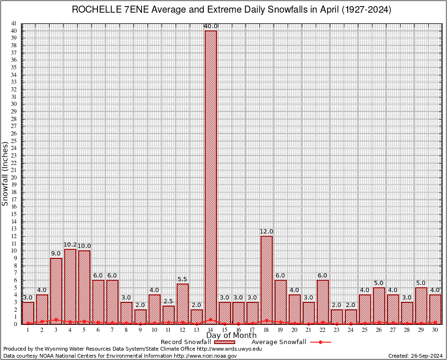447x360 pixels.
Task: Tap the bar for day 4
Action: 70,286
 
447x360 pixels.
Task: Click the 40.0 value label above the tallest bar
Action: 211,26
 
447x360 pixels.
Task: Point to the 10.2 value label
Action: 70,245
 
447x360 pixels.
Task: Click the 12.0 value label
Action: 267,232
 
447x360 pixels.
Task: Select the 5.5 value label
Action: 183,279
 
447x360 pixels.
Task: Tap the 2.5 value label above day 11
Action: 169,301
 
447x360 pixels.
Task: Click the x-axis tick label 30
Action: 435,330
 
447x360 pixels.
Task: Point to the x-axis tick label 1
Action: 28,330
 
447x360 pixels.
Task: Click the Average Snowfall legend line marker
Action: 320,342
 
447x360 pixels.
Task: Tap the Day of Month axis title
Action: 231,336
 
